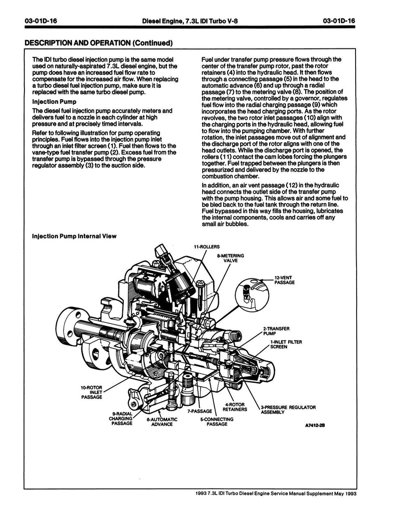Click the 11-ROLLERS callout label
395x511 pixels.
tap(207, 247)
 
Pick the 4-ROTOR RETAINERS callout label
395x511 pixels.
tap(235, 407)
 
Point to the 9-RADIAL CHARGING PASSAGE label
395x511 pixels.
tap(121, 418)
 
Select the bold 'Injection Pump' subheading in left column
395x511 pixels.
tap(53, 101)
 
